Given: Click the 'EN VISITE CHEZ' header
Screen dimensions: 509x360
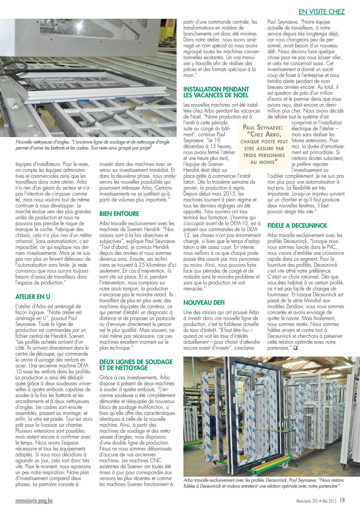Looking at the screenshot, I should point(321,12).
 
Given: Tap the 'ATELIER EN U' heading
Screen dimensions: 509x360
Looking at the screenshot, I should point(33,297).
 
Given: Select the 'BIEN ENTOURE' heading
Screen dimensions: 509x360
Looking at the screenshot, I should point(119,214).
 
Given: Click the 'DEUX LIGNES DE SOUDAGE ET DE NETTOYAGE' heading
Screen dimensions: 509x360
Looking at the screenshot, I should point(136,365).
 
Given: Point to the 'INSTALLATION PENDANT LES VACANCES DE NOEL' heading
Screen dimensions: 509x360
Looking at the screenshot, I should point(216,92).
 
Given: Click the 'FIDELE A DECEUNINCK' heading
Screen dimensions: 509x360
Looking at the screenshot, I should point(297,226).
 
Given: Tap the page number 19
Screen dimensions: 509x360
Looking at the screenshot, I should point(342,500).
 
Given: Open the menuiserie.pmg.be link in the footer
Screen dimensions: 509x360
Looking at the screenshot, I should point(34,501).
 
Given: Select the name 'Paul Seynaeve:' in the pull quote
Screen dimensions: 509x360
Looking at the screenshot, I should point(263,128).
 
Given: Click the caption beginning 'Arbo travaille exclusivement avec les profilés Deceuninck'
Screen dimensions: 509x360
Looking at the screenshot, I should point(263,483).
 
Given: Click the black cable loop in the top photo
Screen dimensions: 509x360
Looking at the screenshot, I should point(14,66).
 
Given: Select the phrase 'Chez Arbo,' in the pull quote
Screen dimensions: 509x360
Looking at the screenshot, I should point(264,134).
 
